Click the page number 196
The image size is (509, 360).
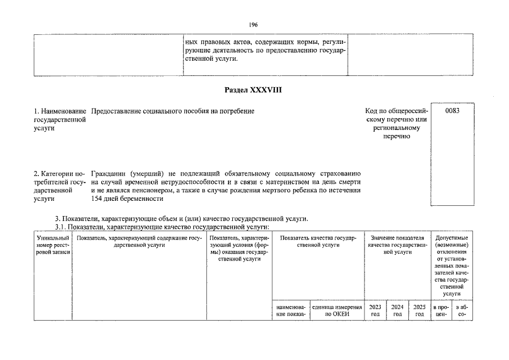253,25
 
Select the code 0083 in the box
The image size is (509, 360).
452,111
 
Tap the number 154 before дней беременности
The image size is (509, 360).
96,199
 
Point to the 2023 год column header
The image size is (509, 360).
375,310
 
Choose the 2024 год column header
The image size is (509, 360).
398,310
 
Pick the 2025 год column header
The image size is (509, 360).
420,310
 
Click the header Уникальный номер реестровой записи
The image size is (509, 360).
52,246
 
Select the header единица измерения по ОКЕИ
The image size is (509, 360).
337,310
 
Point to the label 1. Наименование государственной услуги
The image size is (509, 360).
60,120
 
